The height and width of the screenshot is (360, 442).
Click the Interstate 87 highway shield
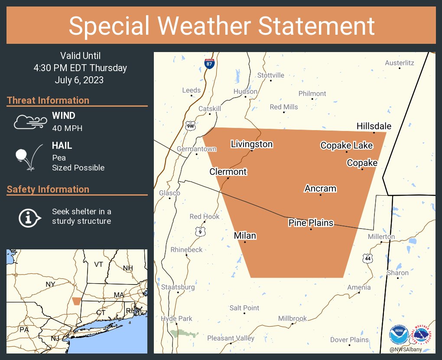tap(210, 63)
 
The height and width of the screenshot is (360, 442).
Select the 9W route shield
tap(190, 126)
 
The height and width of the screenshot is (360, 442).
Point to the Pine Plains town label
tap(311, 223)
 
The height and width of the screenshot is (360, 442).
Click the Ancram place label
tap(320, 189)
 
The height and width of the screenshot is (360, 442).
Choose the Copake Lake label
tap(346, 145)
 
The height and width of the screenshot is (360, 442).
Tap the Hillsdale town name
tap(374, 126)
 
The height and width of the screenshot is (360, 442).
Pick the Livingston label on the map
tap(251, 144)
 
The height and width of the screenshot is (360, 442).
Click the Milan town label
tap(245, 236)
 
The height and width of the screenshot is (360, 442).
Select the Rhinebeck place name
tap(186, 249)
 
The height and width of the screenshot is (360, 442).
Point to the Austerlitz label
tap(399, 63)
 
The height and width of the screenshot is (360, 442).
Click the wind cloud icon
tap(29, 122)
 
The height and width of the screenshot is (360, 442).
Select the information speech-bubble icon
tap(29, 217)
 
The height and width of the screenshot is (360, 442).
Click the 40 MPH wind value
tap(67, 128)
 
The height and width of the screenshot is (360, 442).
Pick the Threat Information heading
tap(48, 100)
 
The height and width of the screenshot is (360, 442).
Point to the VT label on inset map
tap(99, 264)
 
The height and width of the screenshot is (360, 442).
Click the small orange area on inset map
tap(77, 301)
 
